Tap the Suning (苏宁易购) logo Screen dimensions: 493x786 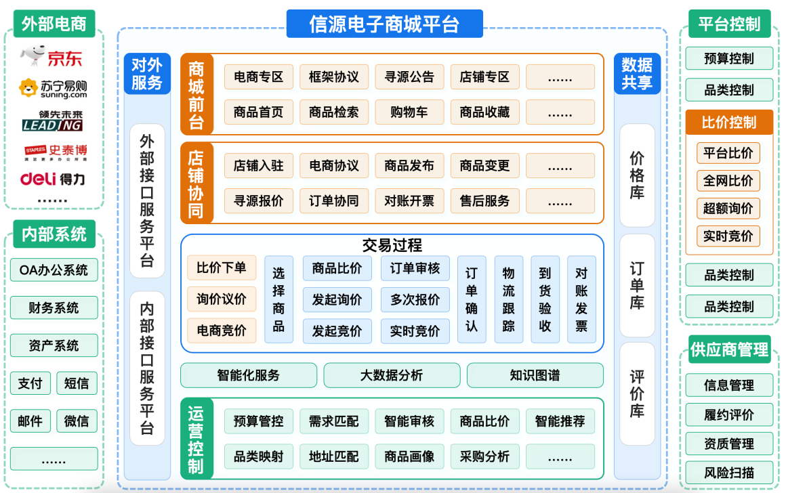53,89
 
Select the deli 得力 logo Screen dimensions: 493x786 53,179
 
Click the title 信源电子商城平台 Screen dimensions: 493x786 384,25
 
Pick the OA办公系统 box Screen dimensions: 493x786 54,270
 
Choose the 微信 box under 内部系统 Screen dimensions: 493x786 77,421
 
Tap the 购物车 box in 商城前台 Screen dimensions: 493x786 409,112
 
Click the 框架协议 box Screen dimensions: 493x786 334,77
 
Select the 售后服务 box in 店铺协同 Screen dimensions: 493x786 484,200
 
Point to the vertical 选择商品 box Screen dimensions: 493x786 278,299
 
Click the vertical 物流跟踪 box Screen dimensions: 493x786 508,299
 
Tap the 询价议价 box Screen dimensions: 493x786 222,299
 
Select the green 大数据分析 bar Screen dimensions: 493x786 392,375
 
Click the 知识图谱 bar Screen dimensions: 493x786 535,375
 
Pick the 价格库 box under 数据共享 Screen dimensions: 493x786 637,175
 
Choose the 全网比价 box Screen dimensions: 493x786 728,181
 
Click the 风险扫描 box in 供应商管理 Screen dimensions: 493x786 729,472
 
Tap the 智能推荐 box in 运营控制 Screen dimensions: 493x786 560,421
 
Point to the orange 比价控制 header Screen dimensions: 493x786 729,123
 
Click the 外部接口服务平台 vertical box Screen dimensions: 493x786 147,200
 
